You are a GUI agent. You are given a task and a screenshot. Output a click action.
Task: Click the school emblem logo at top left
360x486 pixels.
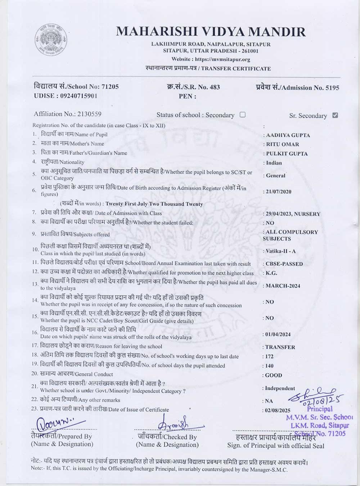51,40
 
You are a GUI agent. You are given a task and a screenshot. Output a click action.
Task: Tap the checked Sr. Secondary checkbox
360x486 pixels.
335,115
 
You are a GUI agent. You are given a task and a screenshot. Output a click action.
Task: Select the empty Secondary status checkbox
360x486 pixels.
243,114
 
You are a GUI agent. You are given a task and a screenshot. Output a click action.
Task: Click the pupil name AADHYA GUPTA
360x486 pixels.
288,135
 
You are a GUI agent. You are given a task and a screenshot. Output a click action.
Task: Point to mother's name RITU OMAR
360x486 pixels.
283,144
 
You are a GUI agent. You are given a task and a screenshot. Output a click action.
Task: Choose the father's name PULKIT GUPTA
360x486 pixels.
287,154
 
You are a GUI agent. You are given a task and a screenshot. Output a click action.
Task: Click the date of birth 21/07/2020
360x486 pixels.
279,192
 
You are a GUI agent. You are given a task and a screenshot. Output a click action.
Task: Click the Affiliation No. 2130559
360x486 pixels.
89,114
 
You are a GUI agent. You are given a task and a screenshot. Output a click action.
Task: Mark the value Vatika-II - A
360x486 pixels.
280,251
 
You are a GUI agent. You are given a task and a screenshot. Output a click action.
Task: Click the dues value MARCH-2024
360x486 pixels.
283,286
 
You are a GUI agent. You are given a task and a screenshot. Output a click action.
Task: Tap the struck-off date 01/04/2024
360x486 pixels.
278,334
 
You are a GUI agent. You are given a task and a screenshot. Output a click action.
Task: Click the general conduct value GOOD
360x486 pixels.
274,375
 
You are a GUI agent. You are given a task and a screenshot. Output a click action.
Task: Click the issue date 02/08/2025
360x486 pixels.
278,410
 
